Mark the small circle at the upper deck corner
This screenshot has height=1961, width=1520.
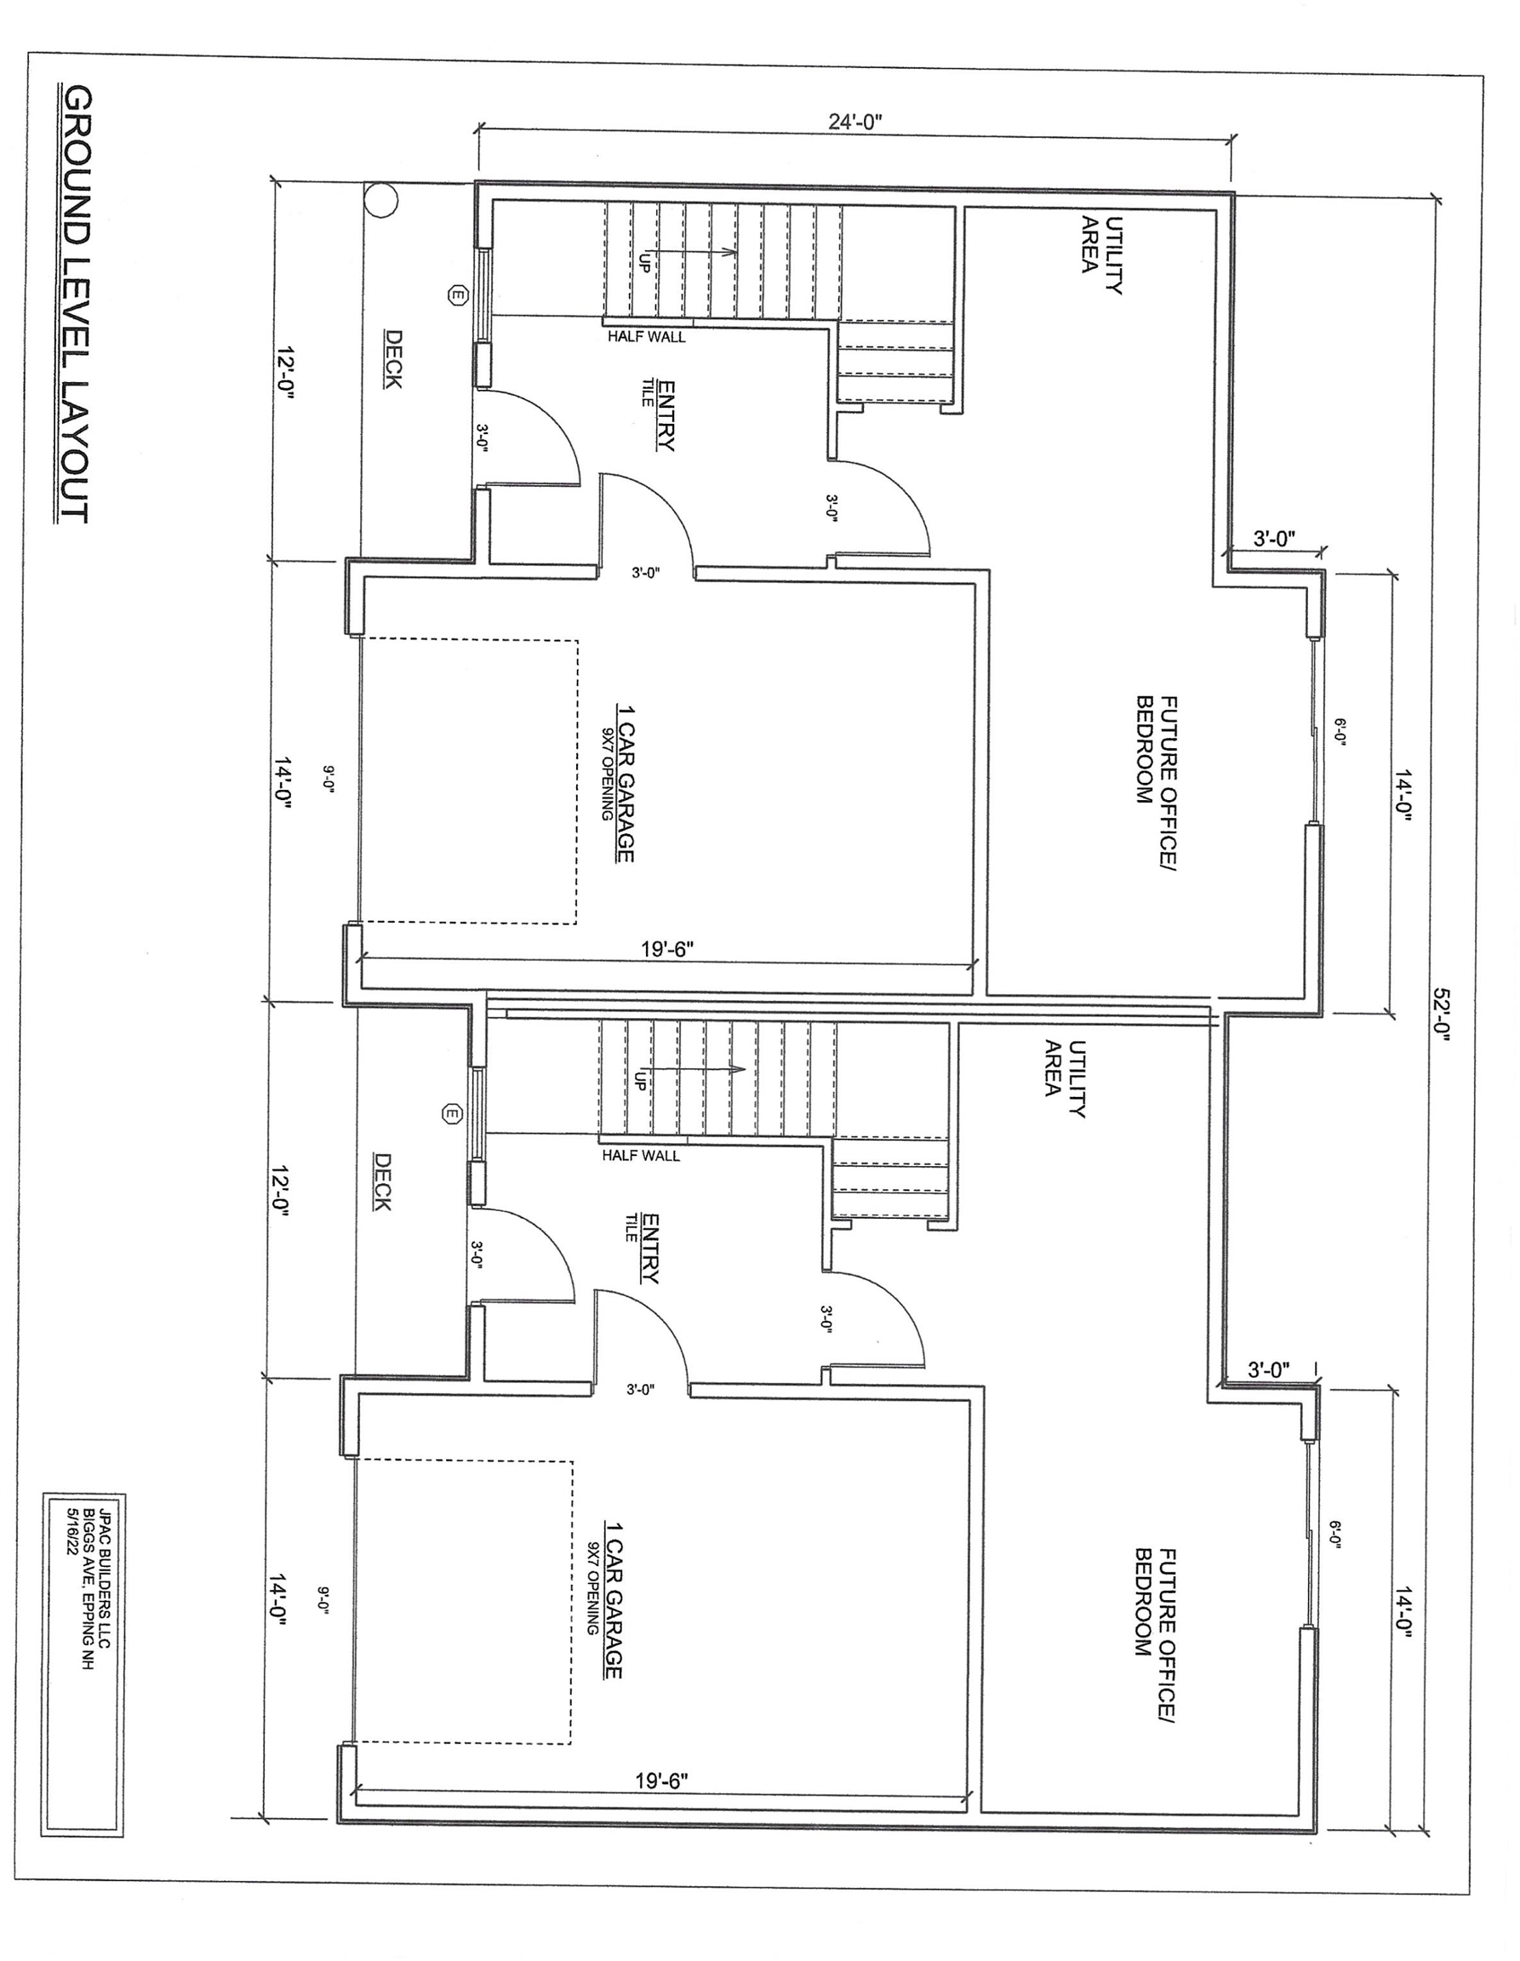[380, 199]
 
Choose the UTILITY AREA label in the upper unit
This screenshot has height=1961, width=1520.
[1101, 255]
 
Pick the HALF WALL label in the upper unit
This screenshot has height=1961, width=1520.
[647, 337]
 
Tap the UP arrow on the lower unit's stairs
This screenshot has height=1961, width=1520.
[691, 1070]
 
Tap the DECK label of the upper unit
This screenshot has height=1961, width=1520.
[392, 359]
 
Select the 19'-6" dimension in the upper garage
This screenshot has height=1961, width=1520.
[668, 949]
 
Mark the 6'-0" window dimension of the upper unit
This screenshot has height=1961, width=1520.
[1339, 731]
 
